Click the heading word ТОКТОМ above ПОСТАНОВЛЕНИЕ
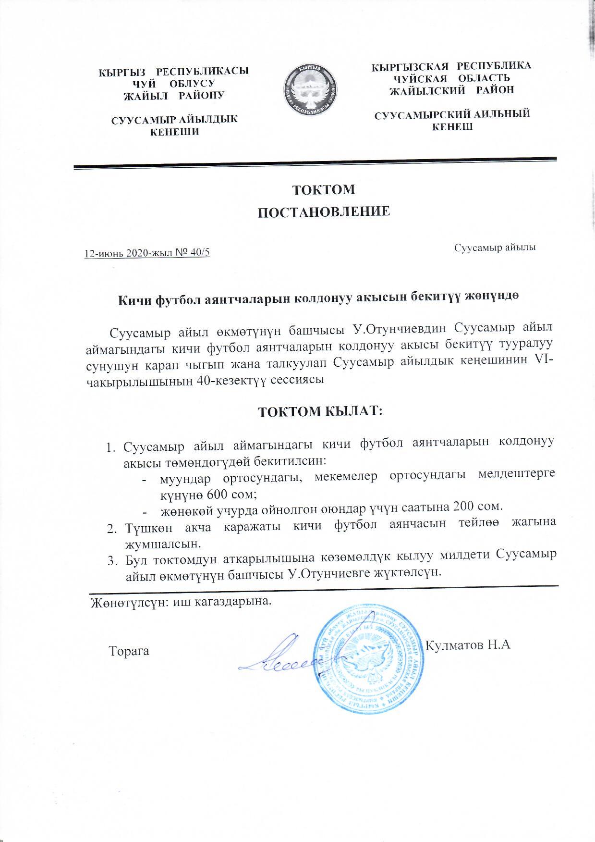click(324, 189)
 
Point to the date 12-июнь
click(101, 254)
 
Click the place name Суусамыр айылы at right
click(495, 248)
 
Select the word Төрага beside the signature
click(129, 652)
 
